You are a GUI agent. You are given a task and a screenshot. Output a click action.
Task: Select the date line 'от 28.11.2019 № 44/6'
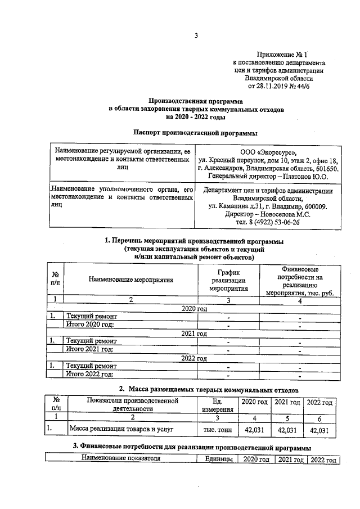pos(278,87)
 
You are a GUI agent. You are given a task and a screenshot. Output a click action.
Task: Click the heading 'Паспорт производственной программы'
pos(196,133)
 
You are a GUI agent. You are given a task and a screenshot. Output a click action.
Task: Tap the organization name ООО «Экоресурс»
pos(267,151)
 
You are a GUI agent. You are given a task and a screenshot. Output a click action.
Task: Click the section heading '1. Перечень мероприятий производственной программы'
pos(194,241)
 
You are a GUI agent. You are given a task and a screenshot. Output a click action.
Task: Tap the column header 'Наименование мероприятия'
pos(130,278)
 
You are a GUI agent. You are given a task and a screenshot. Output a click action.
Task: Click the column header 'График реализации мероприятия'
pos(228,278)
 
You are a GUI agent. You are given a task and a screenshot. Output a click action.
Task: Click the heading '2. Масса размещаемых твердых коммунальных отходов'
pos(208,389)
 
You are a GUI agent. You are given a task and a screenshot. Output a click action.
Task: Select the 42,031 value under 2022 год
pos(319,430)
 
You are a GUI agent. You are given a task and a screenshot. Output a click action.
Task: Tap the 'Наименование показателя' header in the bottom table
pos(121,460)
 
